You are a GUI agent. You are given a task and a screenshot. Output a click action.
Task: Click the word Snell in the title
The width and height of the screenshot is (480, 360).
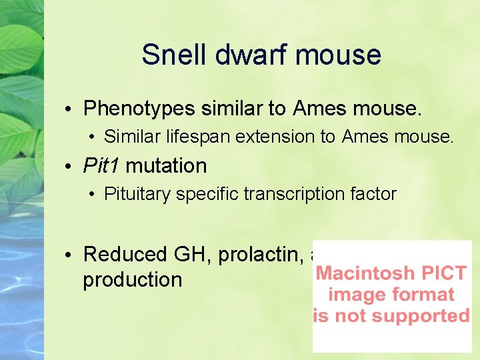coord(173,55)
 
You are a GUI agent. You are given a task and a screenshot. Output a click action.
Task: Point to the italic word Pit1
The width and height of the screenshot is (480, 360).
coord(101,165)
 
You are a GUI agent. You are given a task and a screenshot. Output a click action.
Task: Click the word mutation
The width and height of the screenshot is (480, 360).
coord(166,165)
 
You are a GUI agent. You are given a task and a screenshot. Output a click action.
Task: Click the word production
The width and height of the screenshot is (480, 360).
coord(132,280)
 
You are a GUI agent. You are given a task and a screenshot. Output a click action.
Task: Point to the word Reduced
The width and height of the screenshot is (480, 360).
coord(125,254)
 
